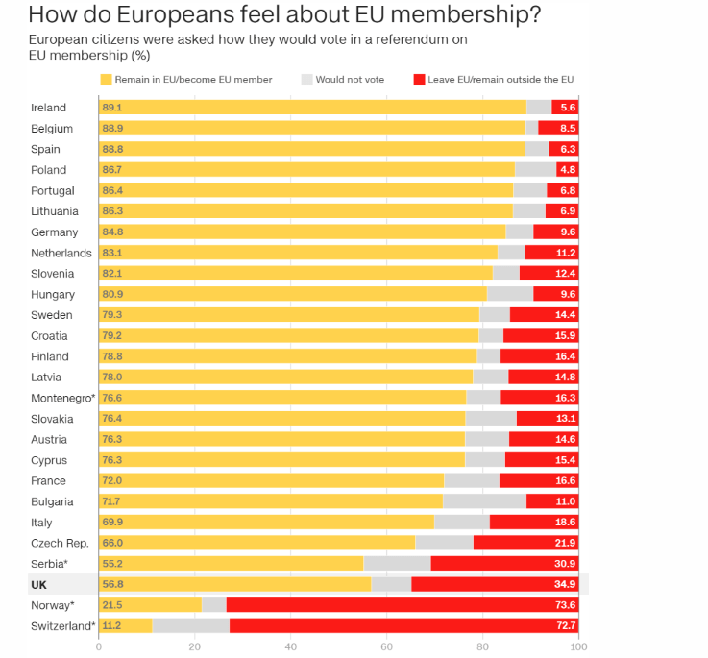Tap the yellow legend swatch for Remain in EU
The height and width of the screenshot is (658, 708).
(106, 79)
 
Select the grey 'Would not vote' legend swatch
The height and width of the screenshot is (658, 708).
(307, 79)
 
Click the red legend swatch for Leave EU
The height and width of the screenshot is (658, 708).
(418, 79)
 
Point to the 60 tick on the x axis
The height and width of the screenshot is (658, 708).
(386, 647)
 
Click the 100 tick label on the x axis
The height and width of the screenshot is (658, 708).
(577, 647)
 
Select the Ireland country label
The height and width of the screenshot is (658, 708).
(48, 108)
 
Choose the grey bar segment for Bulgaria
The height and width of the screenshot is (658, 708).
(484, 501)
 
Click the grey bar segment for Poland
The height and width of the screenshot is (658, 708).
(535, 170)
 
